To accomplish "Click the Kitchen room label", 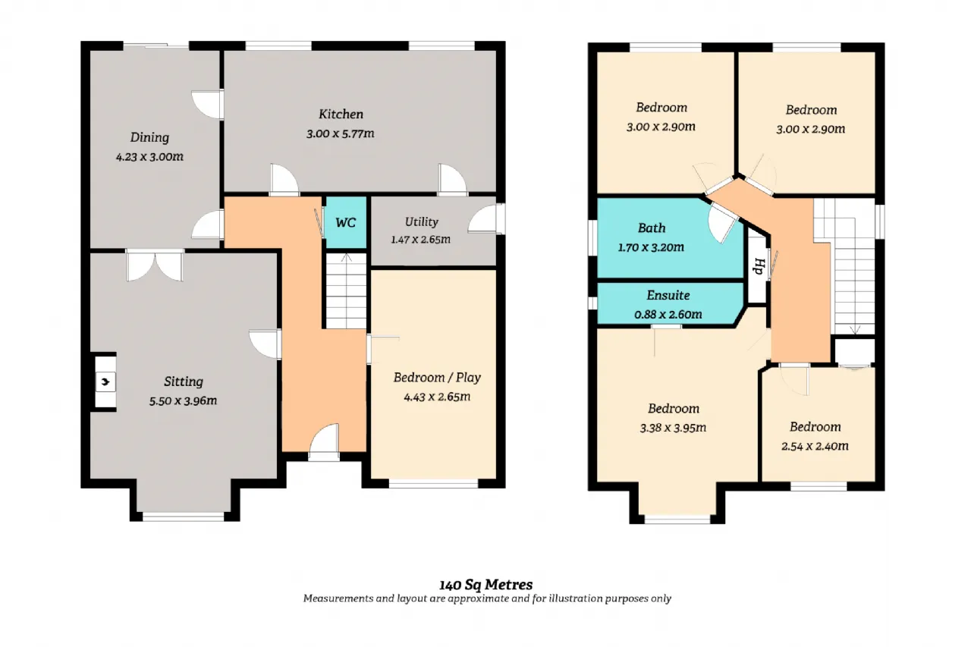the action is pos(341,114).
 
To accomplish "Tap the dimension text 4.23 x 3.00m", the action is pos(149,156).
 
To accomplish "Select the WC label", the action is pos(345,223).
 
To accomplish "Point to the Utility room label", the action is pos(421,222).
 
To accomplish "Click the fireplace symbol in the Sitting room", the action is pos(105,382).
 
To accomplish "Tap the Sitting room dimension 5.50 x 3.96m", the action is pos(183,400).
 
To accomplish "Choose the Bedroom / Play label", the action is pos(437,378).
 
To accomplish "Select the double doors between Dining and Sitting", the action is pos(155,265).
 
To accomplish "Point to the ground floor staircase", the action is pos(346,291).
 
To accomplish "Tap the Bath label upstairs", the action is pos(651,228).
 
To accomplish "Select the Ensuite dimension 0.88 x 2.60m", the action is pos(668,314).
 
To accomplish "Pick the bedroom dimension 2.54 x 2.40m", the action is pos(815,446).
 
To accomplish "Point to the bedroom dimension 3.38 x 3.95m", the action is pos(673,428).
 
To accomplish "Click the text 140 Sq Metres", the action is pos(486,585).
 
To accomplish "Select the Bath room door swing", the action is pos(721,223).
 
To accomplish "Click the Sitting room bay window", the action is pos(184,517).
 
